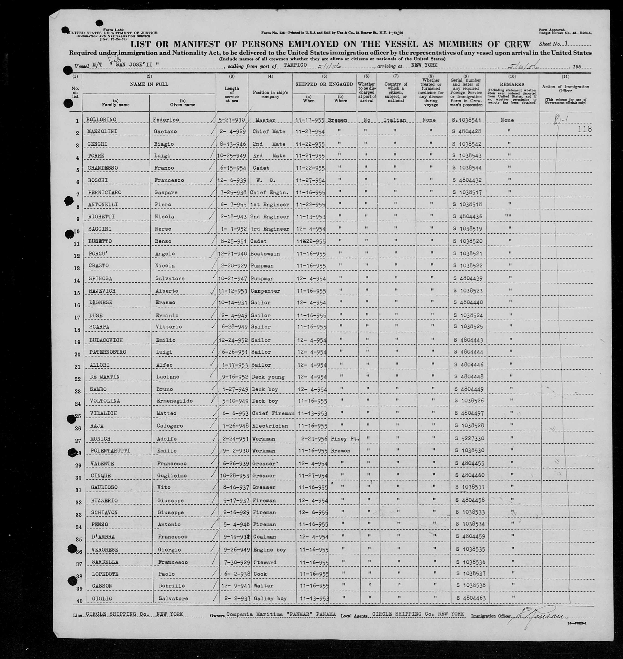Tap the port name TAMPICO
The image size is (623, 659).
pos(295,65)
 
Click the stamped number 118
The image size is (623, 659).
pos(584,129)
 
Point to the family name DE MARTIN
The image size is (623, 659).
pos(104,377)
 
